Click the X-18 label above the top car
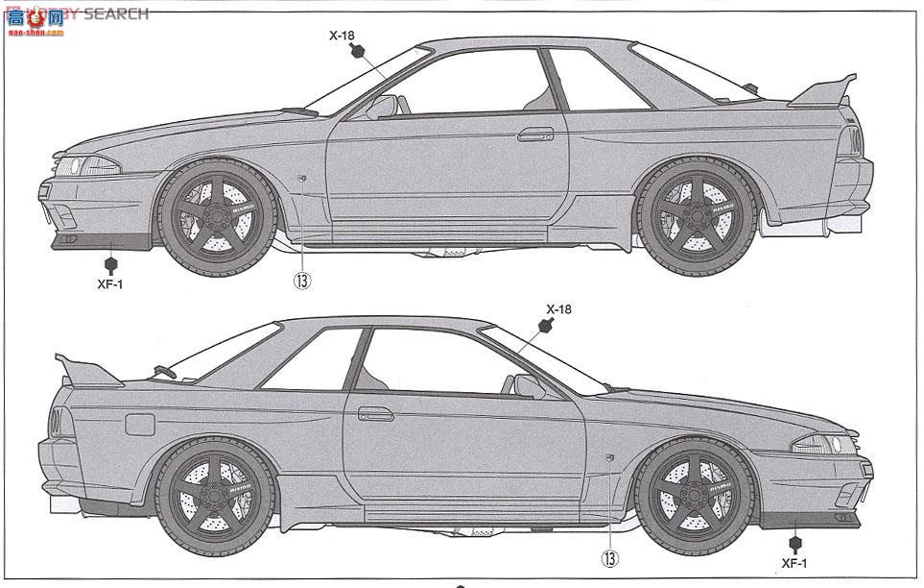click(343, 36)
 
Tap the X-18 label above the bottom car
click(558, 308)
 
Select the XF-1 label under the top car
click(110, 284)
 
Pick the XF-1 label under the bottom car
click(794, 563)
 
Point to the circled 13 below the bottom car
click(610, 557)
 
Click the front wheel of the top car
click(217, 218)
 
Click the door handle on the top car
click(535, 134)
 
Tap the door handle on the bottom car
click(376, 413)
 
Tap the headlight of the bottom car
click(823, 444)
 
